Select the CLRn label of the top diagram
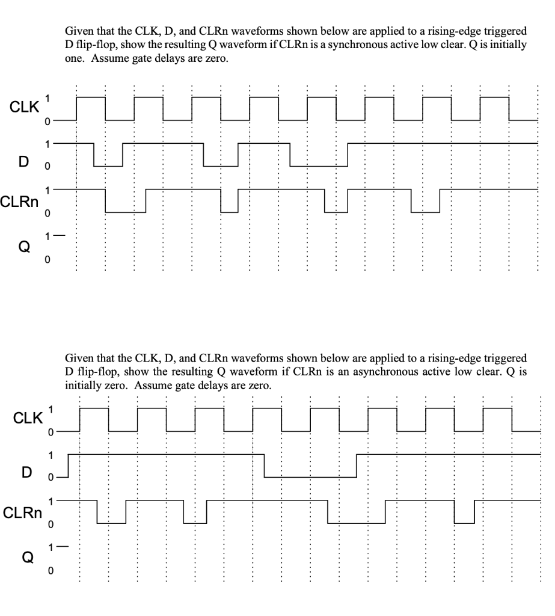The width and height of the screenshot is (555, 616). coord(19,200)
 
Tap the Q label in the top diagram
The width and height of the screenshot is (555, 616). coord(24,248)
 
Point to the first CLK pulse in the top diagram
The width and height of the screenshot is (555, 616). coord(91,97)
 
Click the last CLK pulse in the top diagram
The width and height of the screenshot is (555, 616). coord(495,97)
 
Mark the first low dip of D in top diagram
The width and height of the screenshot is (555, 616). coord(108,165)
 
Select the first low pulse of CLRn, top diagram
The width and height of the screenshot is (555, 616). coord(126,211)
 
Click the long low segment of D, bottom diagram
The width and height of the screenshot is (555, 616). coord(310,477)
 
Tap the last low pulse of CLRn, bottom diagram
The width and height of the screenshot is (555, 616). coord(464,523)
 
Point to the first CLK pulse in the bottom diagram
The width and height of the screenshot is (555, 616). coord(94,408)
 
